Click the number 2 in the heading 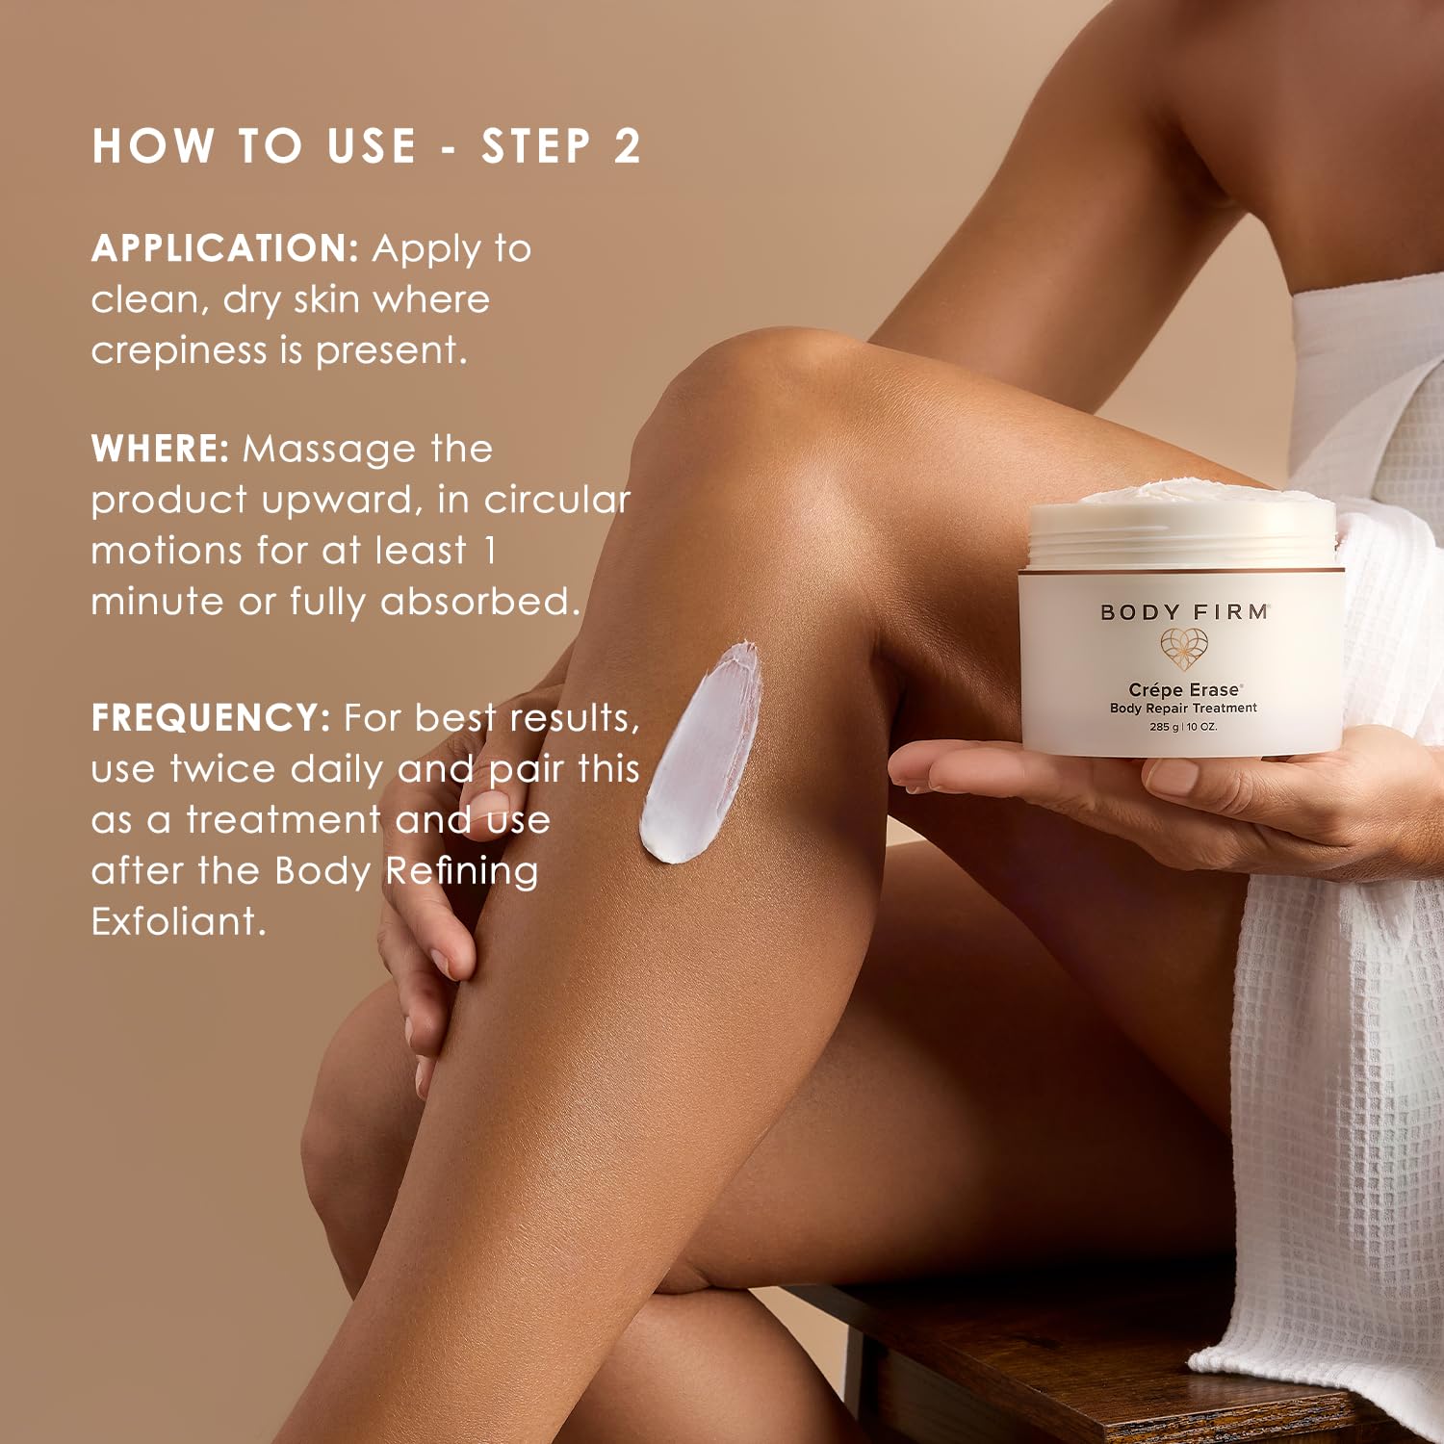[x=627, y=146]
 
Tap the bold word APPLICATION [x=224, y=248]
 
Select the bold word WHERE [x=160, y=449]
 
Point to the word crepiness [x=179, y=350]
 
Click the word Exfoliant [x=178, y=921]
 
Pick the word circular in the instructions [x=557, y=500]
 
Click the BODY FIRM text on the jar [x=1184, y=612]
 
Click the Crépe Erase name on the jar [x=1184, y=689]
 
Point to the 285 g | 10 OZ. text [x=1183, y=727]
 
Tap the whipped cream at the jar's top [x=1184, y=499]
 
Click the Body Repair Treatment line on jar [x=1183, y=709]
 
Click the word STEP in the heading [x=536, y=146]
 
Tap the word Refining [x=462, y=871]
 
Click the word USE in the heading [x=372, y=146]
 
